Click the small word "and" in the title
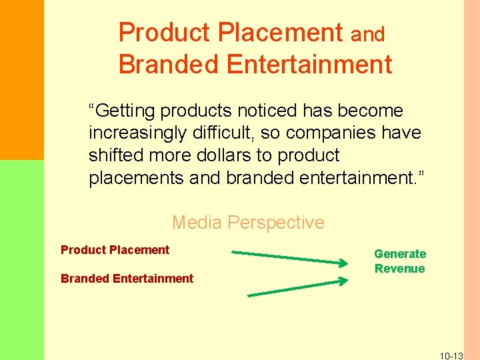click(x=368, y=35)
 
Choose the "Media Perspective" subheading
click(x=248, y=222)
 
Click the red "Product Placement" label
click(x=115, y=250)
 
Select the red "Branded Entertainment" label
click(x=127, y=279)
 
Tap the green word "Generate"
click(x=400, y=254)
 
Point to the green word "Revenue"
click(x=399, y=269)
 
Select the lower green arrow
click(x=297, y=287)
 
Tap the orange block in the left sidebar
click(x=21, y=80)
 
